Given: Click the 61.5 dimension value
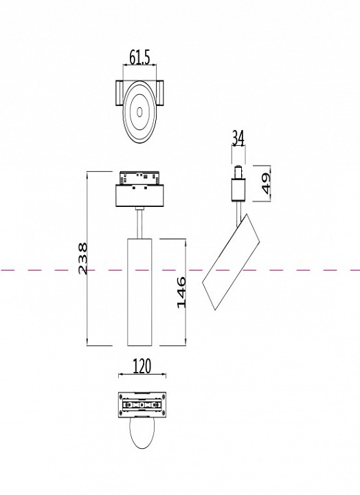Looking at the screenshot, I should (140, 58).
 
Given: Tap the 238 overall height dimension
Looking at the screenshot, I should (82, 258).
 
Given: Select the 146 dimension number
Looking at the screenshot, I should (181, 291).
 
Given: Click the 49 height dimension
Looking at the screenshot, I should (265, 183).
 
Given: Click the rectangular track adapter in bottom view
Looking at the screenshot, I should (142, 405).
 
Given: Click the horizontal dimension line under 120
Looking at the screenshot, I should (142, 375).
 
